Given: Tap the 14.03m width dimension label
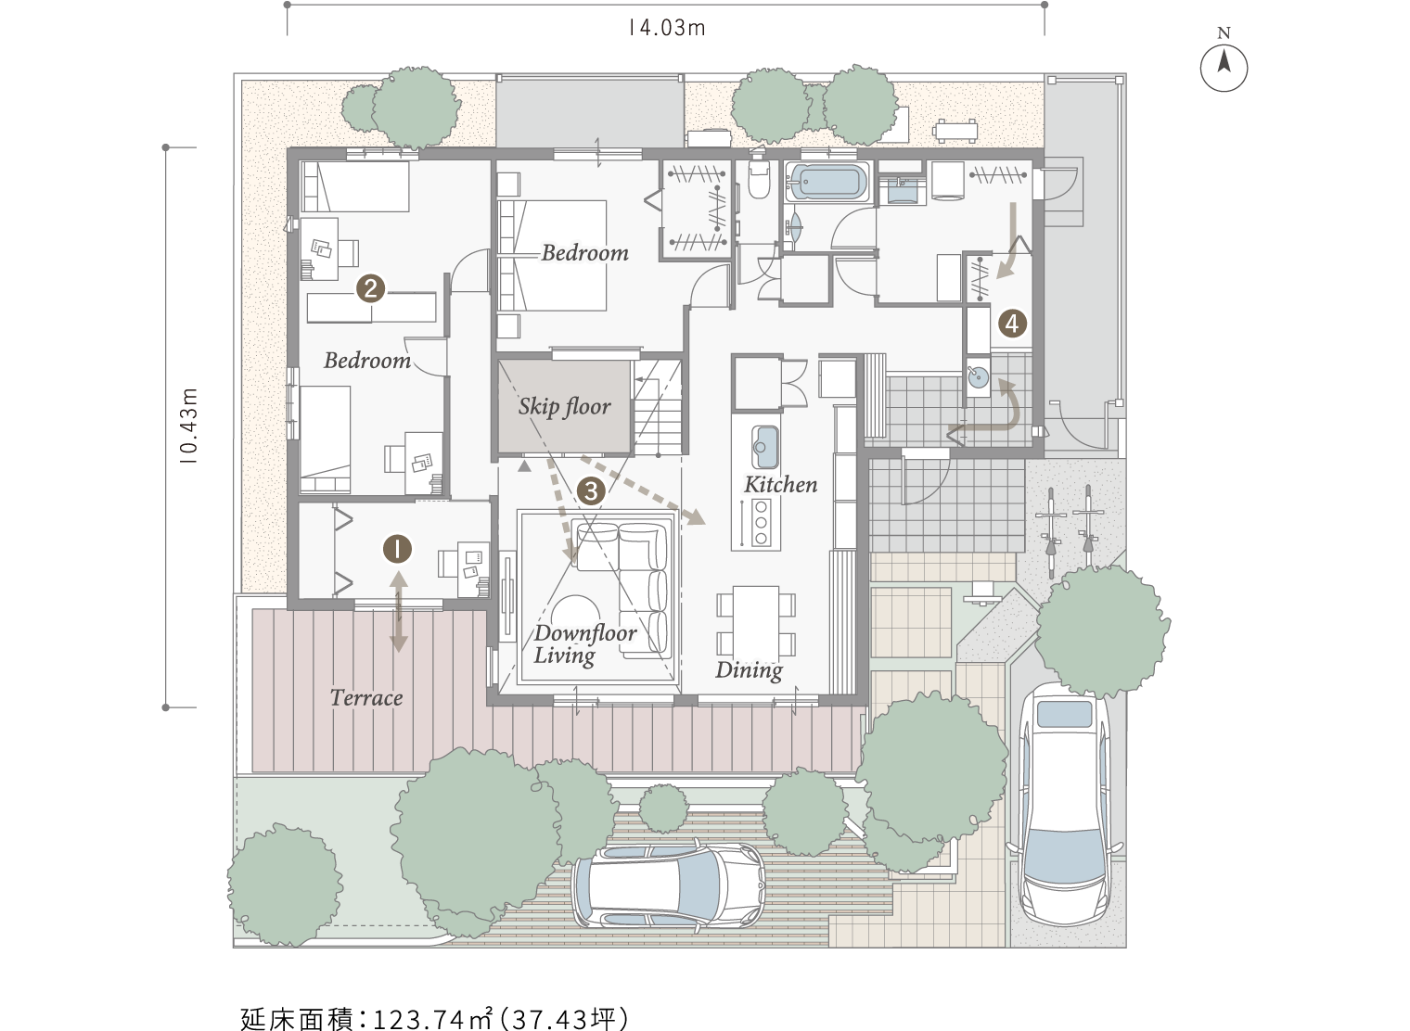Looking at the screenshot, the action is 667,29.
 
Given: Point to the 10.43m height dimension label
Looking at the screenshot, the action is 189,426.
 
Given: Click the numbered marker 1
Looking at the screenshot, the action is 397,549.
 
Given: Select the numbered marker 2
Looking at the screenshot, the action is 370,288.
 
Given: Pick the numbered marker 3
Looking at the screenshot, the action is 590,490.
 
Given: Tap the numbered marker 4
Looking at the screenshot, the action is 1012,324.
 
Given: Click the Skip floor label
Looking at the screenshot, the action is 564,407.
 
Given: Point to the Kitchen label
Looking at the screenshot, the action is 780,484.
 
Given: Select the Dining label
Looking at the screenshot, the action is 750,670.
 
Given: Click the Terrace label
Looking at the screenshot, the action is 366,697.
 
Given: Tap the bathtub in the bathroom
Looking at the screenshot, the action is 827,183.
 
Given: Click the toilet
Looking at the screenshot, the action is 759,179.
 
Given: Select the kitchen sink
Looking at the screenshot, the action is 764,447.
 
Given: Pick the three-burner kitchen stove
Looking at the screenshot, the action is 761,522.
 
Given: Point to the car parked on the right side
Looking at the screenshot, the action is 1064,805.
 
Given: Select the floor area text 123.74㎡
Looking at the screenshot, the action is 432,1018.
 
